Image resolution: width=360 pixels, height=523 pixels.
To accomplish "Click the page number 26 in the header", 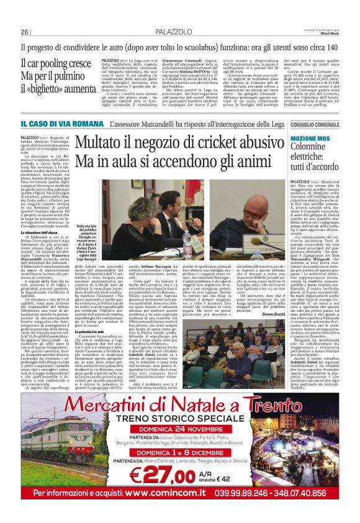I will pos(24,32).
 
